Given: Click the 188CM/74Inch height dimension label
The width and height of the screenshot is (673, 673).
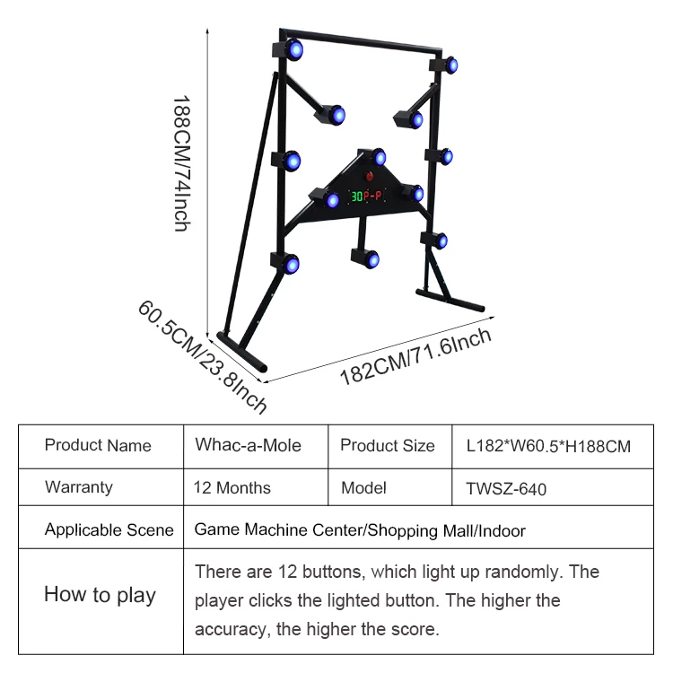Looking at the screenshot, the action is point(182,163).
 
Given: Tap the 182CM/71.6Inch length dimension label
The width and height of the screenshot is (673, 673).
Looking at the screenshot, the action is point(415,356).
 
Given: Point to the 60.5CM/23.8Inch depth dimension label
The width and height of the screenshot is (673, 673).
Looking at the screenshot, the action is point(202,356).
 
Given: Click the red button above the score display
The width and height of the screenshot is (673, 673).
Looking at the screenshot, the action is point(369,177).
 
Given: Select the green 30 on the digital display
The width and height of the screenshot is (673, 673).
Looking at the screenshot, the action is point(357,197).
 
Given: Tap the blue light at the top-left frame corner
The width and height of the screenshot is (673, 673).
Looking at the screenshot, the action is point(295,49).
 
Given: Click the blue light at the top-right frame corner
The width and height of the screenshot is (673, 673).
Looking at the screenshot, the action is point(452,66).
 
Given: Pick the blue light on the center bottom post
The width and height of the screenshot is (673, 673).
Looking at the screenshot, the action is point(372,259).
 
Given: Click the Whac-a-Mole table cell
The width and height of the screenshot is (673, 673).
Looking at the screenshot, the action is point(248,445).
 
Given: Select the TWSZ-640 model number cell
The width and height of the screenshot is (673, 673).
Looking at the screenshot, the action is point(506,489).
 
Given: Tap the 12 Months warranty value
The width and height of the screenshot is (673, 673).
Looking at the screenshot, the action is point(232,487).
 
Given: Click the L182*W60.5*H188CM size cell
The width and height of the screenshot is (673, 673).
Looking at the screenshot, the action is point(548,446).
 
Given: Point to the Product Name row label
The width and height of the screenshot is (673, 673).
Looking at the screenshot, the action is point(98,445).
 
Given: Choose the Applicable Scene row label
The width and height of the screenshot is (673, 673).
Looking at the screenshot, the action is point(109,529).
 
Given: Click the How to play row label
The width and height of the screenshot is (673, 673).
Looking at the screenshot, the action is point(100,595).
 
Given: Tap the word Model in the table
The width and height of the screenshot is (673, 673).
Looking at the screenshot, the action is point(363,487).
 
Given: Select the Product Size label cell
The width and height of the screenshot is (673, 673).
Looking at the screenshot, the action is point(388,445).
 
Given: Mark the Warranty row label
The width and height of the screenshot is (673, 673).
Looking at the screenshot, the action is point(79,487).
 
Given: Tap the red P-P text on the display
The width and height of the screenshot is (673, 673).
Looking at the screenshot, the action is point(372,197).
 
